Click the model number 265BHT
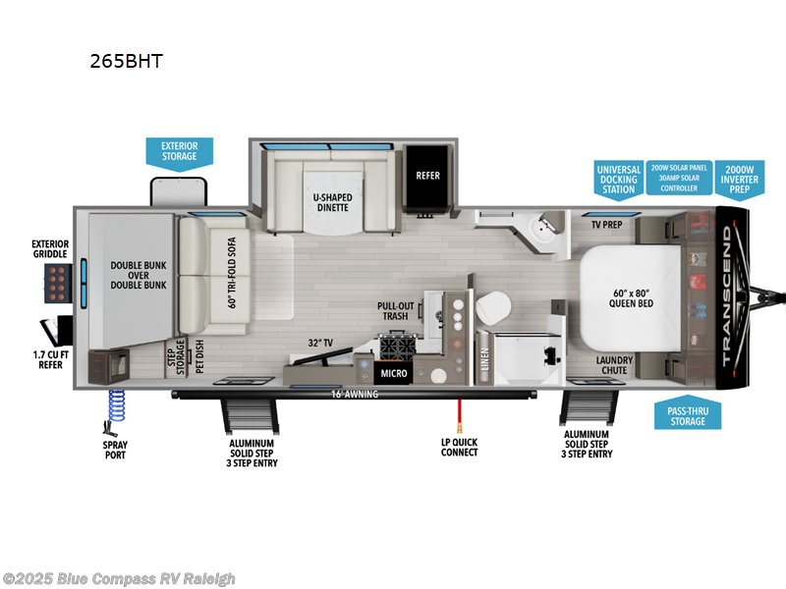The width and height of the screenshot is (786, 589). (x=125, y=61)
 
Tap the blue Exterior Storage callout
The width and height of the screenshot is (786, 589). (x=179, y=151)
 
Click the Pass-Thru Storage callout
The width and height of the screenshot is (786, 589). (x=688, y=414)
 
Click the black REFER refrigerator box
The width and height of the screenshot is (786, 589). (x=427, y=177)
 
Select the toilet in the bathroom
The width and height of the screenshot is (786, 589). (x=491, y=308)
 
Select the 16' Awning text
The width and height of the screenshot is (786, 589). (x=355, y=395)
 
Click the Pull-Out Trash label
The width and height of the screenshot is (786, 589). (x=395, y=311)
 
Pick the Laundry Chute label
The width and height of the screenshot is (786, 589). (x=614, y=365)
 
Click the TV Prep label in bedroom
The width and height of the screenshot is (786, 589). (x=605, y=225)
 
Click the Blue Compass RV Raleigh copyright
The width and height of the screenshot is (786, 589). (x=119, y=578)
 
